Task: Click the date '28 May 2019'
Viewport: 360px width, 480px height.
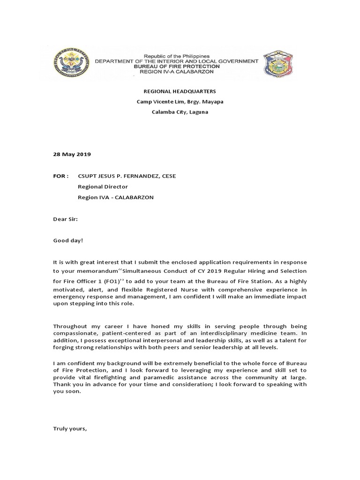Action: tap(72, 154)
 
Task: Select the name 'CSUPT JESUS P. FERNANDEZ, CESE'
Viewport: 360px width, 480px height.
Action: tap(127, 176)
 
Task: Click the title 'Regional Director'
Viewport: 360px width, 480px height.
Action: tap(103, 187)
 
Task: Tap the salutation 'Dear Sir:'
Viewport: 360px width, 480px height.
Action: tap(66, 219)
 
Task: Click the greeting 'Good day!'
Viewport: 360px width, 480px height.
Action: tap(68, 240)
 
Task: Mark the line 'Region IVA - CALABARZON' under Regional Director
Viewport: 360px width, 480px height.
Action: tap(115, 197)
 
